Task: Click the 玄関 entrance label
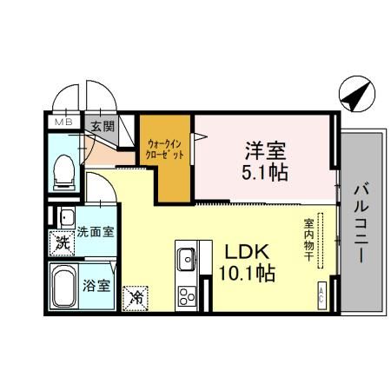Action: pos(103,125)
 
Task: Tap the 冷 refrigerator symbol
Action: pos(136,297)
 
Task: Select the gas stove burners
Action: pos(188,294)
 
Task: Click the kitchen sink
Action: pos(187,259)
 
